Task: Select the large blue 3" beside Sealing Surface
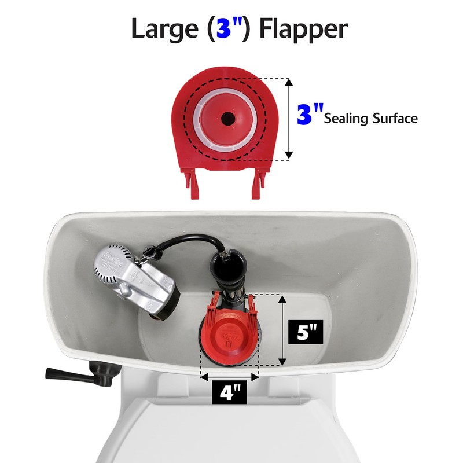(x=309, y=115)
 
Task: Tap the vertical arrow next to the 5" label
(x=282, y=330)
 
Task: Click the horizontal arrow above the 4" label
(x=229, y=376)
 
